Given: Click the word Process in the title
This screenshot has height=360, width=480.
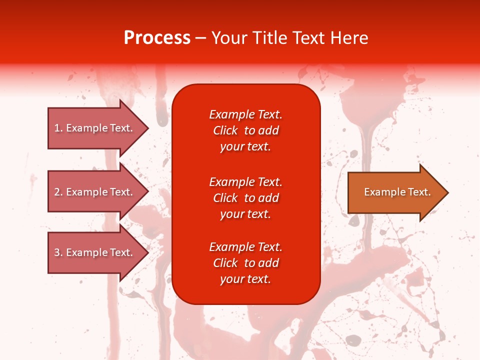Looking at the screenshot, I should (x=157, y=38).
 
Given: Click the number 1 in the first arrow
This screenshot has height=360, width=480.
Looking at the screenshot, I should (x=57, y=128).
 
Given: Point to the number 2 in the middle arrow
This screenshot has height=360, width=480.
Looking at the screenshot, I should (x=57, y=192).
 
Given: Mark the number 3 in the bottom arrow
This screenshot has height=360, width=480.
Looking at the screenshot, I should (x=57, y=252).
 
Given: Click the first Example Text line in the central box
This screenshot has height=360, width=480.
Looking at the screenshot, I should (x=245, y=114).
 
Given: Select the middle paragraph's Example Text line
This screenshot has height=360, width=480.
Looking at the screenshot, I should (x=245, y=182).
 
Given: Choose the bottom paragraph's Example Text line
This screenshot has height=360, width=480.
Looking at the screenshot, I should (x=245, y=247).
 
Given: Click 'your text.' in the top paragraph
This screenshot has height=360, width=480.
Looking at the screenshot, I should (x=245, y=146).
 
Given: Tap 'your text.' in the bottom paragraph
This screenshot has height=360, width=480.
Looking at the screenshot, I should (x=245, y=279).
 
